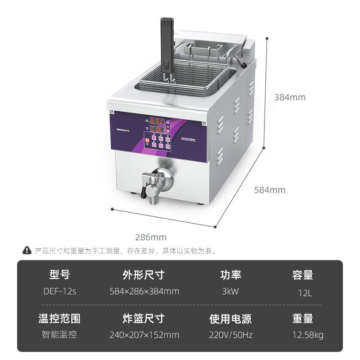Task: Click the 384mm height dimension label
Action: pyautogui.click(x=290, y=97)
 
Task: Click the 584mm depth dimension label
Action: pyautogui.click(x=270, y=190)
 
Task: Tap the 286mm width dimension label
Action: pyautogui.click(x=151, y=237)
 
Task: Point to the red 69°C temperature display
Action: pyautogui.click(x=157, y=121)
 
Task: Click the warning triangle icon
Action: pyautogui.click(x=27, y=251)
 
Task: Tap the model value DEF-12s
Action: pyautogui.click(x=60, y=291)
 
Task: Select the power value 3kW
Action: pyautogui.click(x=230, y=291)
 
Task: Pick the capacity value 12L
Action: pyautogui.click(x=305, y=292)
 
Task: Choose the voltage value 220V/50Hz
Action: pyautogui.click(x=230, y=335)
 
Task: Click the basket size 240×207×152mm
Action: pyautogui.click(x=144, y=335)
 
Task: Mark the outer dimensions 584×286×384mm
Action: pyautogui.click(x=144, y=291)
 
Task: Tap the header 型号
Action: pyautogui.click(x=59, y=275)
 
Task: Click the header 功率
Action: pyautogui.click(x=230, y=275)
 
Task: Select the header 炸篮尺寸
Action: pyautogui.click(x=144, y=319)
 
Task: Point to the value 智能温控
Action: pyautogui.click(x=59, y=335)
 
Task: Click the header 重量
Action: pyautogui.click(x=303, y=319)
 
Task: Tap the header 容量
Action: pyautogui.click(x=303, y=275)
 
